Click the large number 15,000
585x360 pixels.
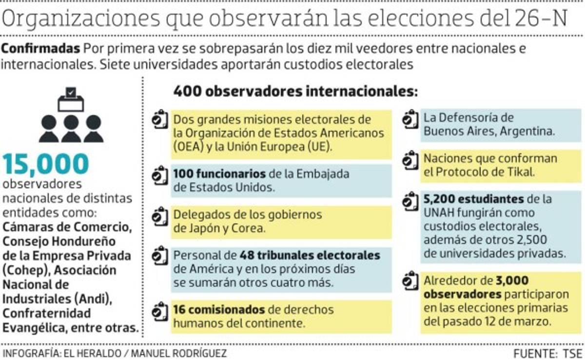[46, 164]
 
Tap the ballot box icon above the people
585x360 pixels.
[71, 100]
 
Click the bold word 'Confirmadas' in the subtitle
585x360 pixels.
[41, 49]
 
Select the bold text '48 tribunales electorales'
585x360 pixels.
[310, 255]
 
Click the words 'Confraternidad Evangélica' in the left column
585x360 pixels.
[47, 320]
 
